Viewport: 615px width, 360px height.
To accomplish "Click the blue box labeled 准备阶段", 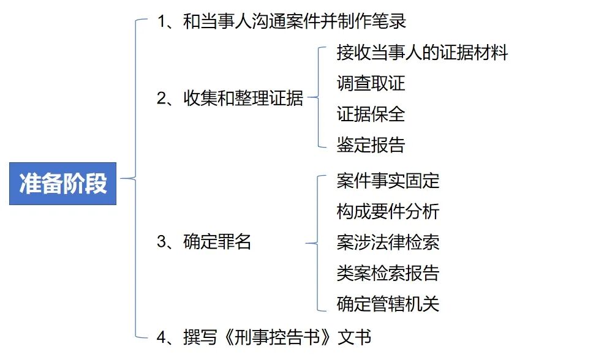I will (63, 183).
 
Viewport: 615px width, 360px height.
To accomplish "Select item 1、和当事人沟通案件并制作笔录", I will (281, 22).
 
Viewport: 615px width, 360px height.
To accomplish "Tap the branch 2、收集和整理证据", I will (230, 99).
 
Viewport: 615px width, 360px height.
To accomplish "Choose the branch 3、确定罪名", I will (205, 242).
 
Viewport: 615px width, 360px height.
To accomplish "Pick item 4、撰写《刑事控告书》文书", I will (264, 337).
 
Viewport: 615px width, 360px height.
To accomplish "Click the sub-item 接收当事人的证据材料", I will (422, 53).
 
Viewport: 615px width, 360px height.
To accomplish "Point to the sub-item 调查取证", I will (371, 83).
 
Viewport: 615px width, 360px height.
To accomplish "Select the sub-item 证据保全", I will (371, 114).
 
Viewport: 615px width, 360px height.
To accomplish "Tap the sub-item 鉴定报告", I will (371, 144).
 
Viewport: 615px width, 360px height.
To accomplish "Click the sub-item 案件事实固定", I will (388, 181).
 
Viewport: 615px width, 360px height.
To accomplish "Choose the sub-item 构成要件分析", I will (388, 211).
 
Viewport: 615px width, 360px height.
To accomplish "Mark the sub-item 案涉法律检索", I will (388, 242).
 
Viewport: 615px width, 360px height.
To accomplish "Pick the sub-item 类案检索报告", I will (388, 272).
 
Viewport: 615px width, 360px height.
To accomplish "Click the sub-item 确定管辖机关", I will (388, 303).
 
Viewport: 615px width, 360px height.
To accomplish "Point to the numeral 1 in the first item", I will (162, 22).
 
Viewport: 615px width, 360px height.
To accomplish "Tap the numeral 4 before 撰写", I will (162, 337).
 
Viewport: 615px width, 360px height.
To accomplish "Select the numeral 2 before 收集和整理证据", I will (162, 99).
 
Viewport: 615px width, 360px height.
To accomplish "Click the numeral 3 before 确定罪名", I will (162, 242).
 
